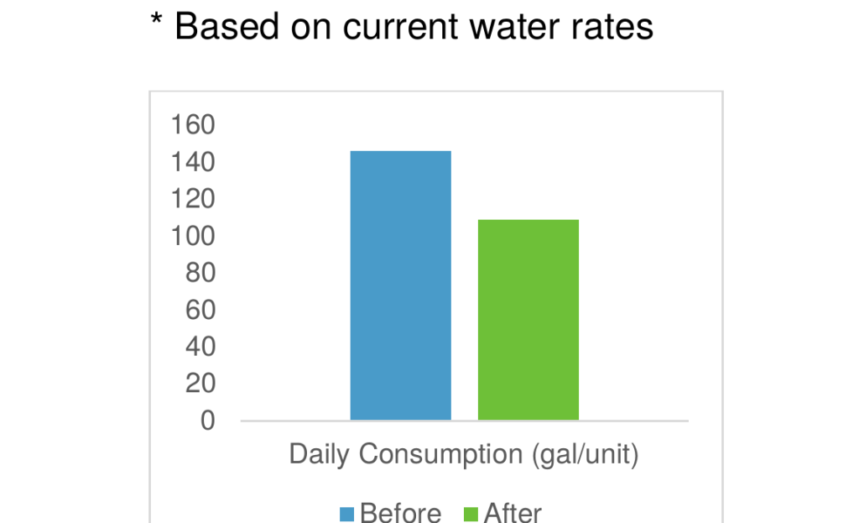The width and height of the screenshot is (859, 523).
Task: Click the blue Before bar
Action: click(x=400, y=285)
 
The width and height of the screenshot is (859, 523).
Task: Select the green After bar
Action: click(x=528, y=320)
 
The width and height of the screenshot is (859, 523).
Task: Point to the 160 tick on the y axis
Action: click(x=193, y=126)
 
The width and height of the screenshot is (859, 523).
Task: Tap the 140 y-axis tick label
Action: click(x=193, y=163)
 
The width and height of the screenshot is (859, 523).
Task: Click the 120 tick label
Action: click(x=193, y=200)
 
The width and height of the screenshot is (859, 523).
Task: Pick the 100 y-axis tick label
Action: click(x=193, y=237)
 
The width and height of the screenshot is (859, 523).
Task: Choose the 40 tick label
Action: click(x=199, y=347)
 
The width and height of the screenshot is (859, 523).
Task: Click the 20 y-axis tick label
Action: click(x=199, y=384)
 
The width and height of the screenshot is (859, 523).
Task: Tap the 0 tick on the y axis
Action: click(x=207, y=421)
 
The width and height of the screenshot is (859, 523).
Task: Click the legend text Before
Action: click(x=400, y=513)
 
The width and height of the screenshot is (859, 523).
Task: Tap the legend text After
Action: click(x=512, y=513)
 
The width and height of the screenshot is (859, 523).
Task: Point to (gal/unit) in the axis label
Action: click(x=585, y=456)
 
